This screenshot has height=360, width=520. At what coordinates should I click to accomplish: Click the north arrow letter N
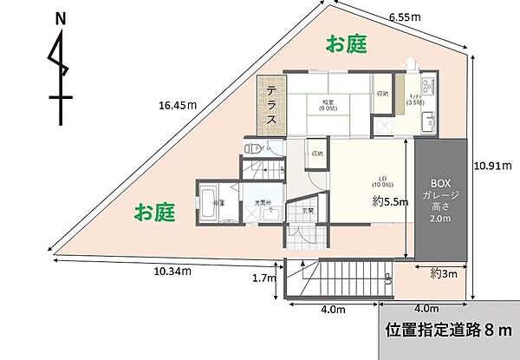click(59, 18)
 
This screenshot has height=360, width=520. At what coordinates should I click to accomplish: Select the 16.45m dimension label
click(178, 106)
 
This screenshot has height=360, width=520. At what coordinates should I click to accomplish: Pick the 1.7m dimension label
click(263, 278)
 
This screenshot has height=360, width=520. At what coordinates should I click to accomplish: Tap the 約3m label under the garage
click(444, 273)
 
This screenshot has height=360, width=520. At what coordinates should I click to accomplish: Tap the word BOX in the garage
click(442, 183)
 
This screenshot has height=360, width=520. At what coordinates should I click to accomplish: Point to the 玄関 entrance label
click(306, 211)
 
